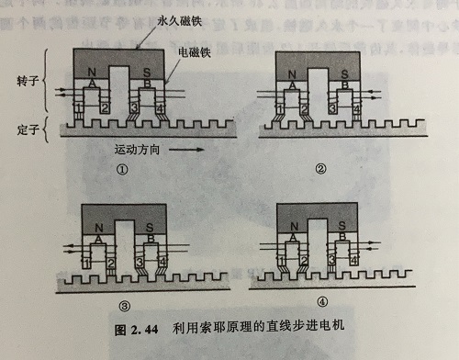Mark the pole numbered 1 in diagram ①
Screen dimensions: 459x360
[x=79, y=109]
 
